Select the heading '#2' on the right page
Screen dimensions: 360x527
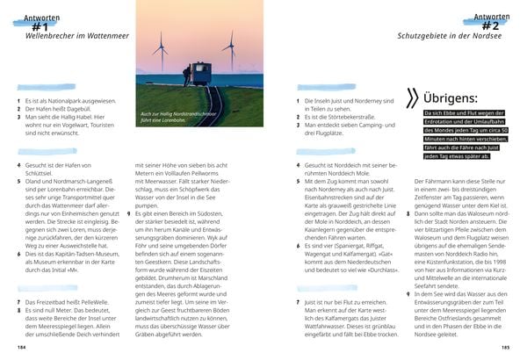pos(493,27)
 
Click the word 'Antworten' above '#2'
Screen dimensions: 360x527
pos(489,17)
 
